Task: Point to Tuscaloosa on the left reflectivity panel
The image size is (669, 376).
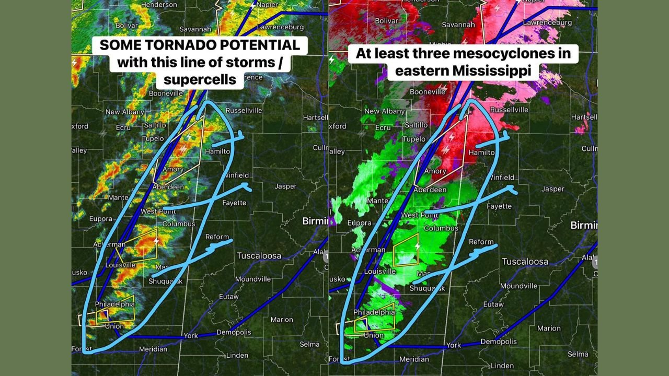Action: coord(259,256)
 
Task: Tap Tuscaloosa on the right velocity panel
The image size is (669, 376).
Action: coord(525,261)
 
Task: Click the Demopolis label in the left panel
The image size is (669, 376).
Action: coord(234,332)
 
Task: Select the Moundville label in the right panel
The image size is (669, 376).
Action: coord(518,286)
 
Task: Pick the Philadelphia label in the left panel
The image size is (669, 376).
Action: coord(114,304)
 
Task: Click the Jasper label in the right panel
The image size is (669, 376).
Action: coord(553,189)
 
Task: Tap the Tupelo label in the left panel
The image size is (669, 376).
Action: coord(153,138)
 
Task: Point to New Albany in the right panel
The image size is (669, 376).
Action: coord(384,111)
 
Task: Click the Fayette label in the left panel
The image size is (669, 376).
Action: coord(234,203)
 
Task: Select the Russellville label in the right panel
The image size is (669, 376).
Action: coord(509,110)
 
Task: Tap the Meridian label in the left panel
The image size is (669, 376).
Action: coord(153,349)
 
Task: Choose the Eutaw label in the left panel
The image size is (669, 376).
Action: coord(229,296)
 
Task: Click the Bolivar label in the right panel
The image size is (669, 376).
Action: coord(387,21)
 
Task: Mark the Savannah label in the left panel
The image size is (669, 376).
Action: coord(195,29)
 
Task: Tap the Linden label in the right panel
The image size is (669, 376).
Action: coord(502,366)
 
